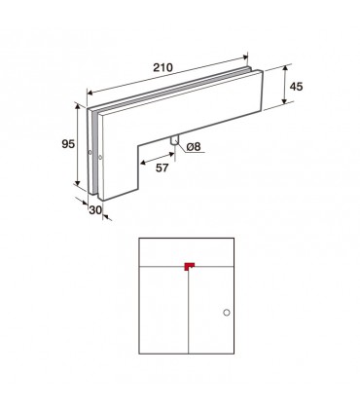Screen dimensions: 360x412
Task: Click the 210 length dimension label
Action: pos(163,67)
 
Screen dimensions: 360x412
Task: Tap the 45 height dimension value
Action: pos(296,87)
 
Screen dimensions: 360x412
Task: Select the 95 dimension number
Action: pos(68,144)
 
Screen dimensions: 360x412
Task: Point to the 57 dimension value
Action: pos(162,168)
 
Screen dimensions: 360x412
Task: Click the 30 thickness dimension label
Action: pos(95,210)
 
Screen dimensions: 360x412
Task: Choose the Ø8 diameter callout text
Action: pos(194,147)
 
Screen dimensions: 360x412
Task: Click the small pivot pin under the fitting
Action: pos(174,140)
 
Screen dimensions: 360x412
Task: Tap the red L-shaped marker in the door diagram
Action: pos(189,266)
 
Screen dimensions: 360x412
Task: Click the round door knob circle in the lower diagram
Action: pos(227,313)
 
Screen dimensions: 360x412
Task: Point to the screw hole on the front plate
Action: pos(100,158)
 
